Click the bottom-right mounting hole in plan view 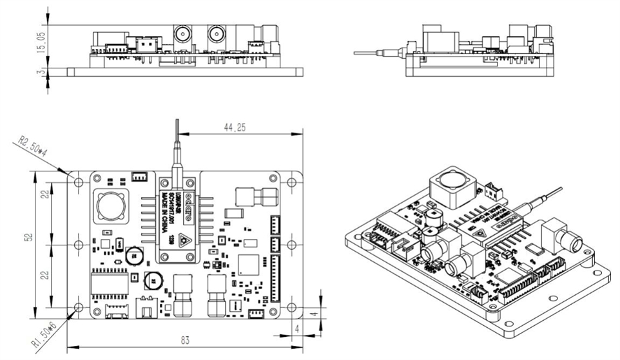(x=292, y=307)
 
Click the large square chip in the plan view (x=249, y=265)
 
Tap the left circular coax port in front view (x=181, y=34)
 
